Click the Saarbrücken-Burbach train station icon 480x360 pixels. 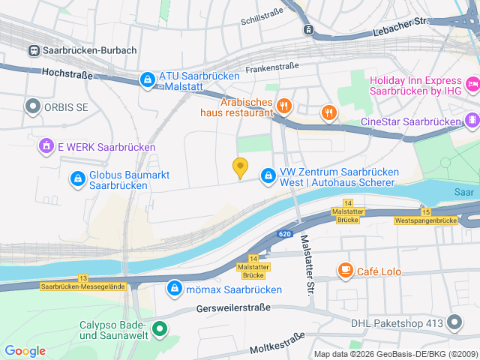point(34,50)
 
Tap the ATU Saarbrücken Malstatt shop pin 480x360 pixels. point(148,79)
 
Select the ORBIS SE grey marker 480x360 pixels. point(32,107)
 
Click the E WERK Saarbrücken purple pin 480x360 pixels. point(46,146)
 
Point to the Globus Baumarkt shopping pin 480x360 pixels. point(76,178)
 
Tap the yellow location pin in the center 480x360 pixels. point(240,168)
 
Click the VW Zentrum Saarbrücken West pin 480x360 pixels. point(268,175)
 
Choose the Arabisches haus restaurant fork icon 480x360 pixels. point(283,106)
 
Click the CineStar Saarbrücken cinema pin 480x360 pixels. point(472,120)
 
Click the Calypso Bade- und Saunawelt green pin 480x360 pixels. point(159,328)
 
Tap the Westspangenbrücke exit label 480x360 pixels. point(425,220)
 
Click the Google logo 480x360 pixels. point(25,351)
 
